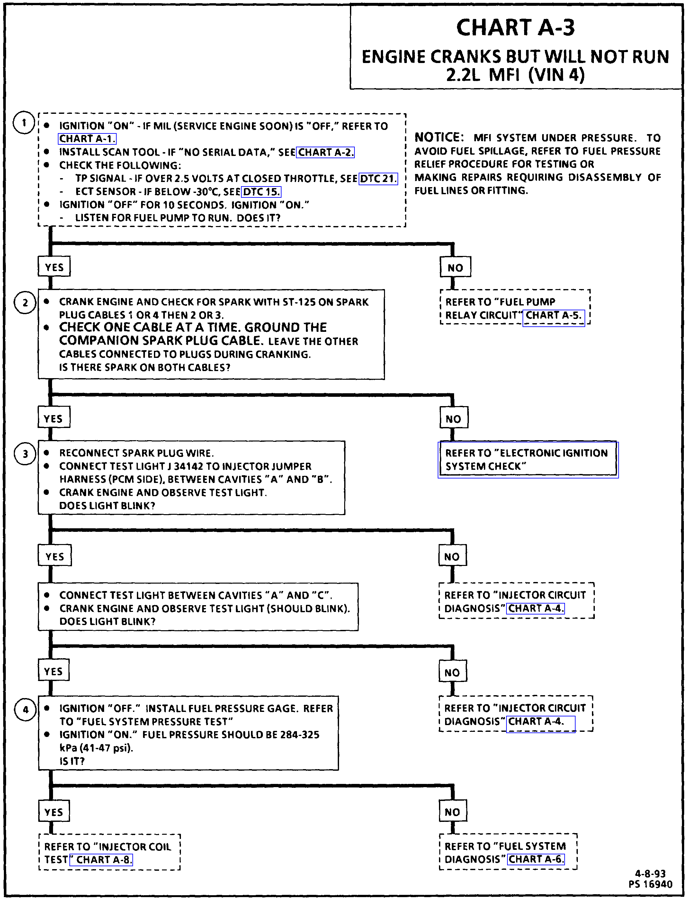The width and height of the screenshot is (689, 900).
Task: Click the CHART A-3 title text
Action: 515,28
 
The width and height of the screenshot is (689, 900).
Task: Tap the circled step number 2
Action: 25,303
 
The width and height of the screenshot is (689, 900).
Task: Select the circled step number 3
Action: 25,454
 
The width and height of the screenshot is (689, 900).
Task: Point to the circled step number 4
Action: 25,710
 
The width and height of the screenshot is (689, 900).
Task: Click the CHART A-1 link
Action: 87,139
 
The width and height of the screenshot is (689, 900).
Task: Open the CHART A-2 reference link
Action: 325,152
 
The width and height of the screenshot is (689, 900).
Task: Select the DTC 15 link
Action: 261,192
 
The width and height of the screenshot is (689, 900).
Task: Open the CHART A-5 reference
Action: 553,316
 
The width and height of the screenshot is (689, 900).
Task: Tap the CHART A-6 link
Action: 536,859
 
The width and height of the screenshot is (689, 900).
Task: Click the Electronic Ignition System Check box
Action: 528,459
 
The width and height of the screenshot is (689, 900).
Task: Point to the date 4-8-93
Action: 650,874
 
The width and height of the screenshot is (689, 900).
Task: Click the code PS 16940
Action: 650,884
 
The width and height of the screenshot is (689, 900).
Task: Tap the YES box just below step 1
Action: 54,267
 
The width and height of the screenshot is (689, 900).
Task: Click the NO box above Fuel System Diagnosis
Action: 452,812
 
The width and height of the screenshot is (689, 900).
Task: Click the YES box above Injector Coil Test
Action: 54,812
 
